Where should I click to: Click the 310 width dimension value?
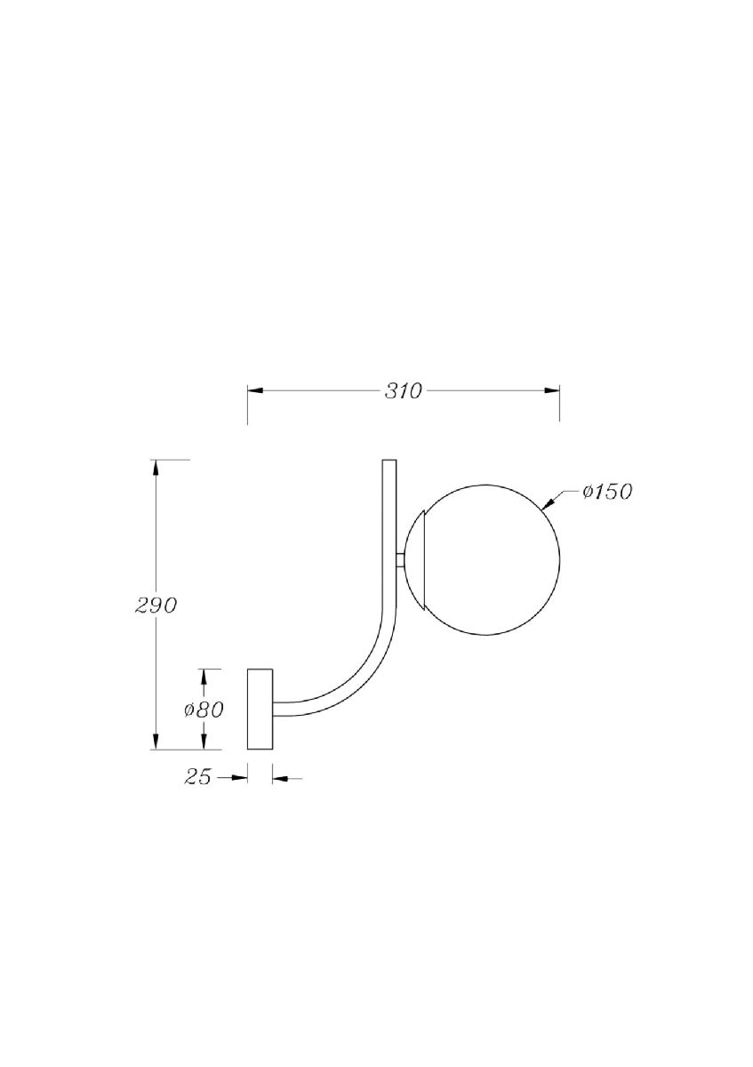click(x=403, y=391)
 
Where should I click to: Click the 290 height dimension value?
click(x=156, y=606)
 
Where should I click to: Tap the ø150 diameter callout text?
click(x=607, y=492)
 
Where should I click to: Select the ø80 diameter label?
click(x=203, y=710)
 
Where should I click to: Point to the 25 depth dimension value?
click(x=198, y=777)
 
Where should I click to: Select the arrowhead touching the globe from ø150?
click(x=549, y=503)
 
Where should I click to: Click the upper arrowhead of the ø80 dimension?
click(x=204, y=678)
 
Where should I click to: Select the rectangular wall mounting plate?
click(x=260, y=709)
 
